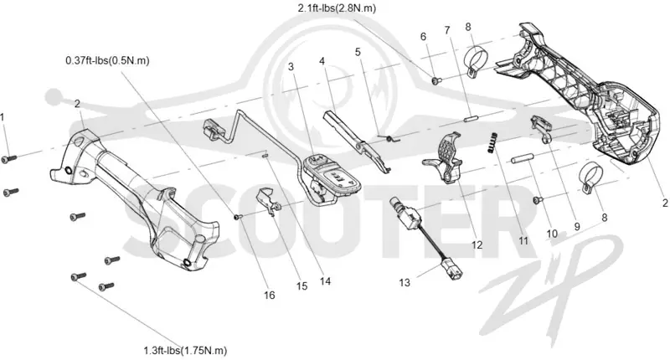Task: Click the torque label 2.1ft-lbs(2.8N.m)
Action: [337, 8]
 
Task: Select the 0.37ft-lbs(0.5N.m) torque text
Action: [107, 60]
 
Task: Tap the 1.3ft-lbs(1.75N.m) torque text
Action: [185, 351]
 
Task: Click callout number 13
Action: [405, 283]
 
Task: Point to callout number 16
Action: [269, 295]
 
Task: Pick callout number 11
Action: [523, 241]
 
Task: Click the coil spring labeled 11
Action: [492, 142]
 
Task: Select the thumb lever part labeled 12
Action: [443, 158]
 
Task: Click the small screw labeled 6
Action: [435, 80]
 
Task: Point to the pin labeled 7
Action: [472, 117]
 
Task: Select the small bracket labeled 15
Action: [269, 200]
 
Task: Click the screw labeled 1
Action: [8, 158]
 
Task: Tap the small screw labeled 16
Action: [238, 217]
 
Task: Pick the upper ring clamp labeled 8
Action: [474, 61]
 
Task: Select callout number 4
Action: [322, 61]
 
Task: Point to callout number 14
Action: [325, 281]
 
